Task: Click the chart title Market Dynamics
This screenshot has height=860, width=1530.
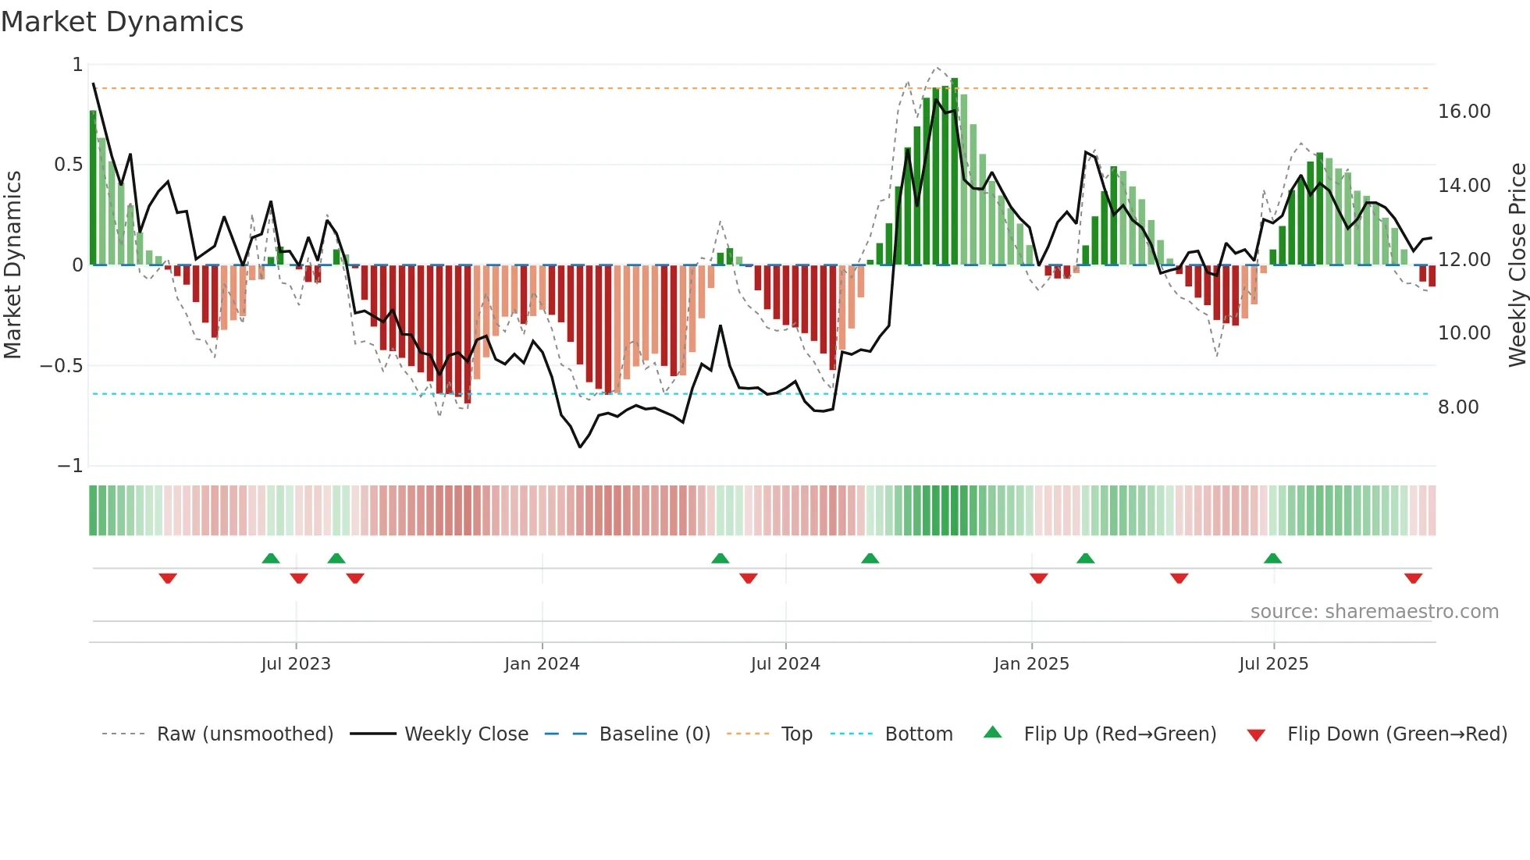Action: point(123,22)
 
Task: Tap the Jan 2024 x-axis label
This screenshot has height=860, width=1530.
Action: point(542,664)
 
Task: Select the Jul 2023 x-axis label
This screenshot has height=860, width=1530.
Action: point(296,664)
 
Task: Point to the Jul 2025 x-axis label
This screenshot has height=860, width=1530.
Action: point(1273,664)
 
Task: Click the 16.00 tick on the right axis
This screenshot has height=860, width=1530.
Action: point(1464,112)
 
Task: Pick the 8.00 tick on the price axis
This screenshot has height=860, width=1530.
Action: point(1457,407)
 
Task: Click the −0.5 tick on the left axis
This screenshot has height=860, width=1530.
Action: point(61,366)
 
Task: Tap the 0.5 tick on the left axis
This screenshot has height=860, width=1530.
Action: point(68,165)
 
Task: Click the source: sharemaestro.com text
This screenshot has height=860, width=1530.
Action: point(1374,612)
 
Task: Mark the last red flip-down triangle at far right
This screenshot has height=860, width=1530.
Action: point(1413,578)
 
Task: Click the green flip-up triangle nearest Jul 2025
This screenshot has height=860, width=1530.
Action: point(1272,558)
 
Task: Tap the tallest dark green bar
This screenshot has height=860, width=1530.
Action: point(954,172)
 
